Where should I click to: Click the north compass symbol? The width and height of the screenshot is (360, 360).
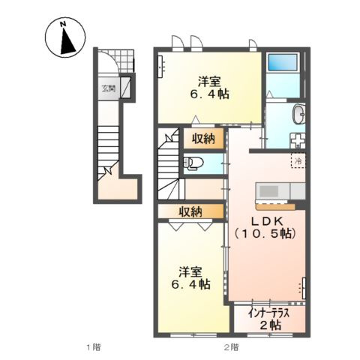(65, 37)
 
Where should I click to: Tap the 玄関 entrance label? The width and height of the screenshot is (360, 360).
(108, 88)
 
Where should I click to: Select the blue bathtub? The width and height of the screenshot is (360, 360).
(283, 62)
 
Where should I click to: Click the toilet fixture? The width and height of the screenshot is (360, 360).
(193, 163)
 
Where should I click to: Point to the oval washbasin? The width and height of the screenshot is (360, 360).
(299, 114)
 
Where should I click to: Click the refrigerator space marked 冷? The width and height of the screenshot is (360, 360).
(298, 160)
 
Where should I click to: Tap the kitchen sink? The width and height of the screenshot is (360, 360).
(268, 191)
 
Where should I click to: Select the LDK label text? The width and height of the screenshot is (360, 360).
(267, 220)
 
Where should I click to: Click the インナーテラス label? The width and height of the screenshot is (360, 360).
(269, 313)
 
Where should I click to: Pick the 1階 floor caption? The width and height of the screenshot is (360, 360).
(94, 347)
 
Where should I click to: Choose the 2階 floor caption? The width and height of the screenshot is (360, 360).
(231, 347)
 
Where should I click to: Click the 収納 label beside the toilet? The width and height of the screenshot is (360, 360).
(203, 138)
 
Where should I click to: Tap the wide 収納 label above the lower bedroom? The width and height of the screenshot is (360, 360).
(190, 211)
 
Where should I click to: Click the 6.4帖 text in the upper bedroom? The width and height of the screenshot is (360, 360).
(209, 94)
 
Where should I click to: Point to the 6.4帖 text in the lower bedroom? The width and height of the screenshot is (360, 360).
(190, 284)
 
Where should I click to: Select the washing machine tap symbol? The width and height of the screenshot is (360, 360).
(298, 140)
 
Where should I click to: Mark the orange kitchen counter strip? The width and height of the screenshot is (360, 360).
(275, 206)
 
